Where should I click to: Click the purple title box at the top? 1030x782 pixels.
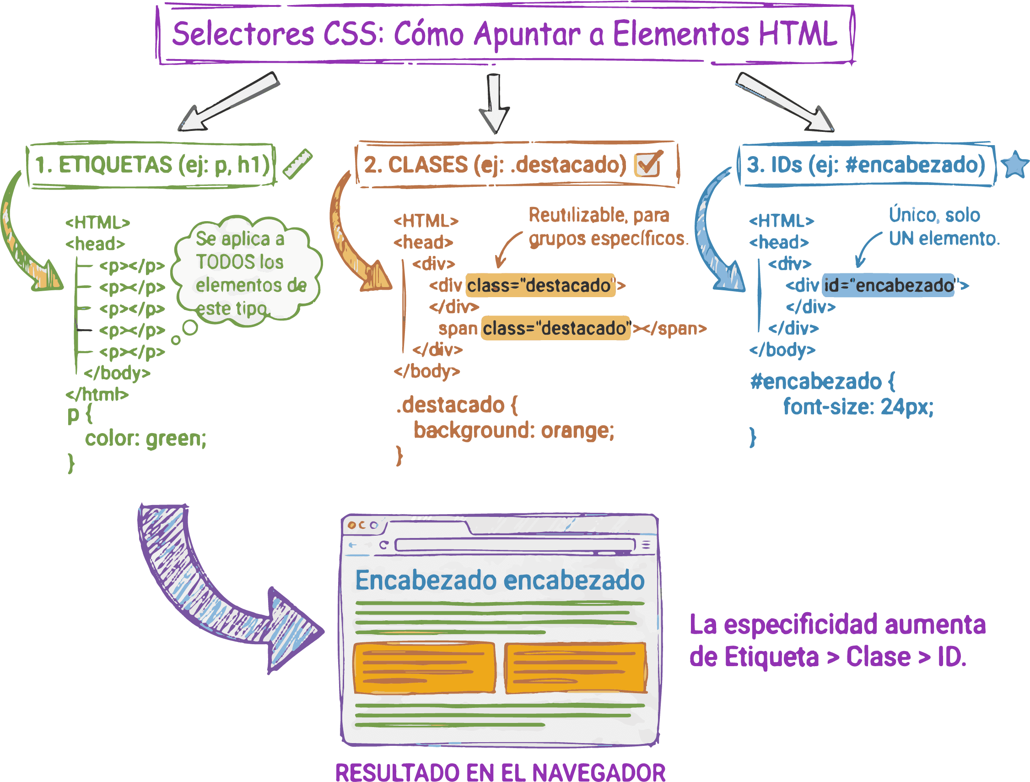click(x=505, y=34)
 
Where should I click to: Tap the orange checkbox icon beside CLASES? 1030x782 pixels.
click(x=648, y=164)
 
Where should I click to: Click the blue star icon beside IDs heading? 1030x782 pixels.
click(x=1014, y=164)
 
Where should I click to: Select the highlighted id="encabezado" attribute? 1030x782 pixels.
click(x=888, y=285)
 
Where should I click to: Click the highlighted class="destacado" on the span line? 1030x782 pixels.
click(x=555, y=328)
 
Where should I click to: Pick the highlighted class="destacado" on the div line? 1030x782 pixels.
click(x=540, y=285)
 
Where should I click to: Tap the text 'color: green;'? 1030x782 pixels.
click(x=146, y=439)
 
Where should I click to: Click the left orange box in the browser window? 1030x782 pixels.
click(x=424, y=668)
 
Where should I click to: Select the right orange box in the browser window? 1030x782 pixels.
click(x=576, y=668)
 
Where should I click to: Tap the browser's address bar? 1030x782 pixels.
click(x=514, y=545)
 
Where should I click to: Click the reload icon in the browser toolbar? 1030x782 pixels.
click(x=383, y=545)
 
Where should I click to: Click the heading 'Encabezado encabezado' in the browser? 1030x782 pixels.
click(x=500, y=581)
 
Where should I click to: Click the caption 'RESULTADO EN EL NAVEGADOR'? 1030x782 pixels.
click(x=500, y=772)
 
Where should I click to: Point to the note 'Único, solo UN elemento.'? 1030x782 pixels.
click(x=943, y=227)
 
